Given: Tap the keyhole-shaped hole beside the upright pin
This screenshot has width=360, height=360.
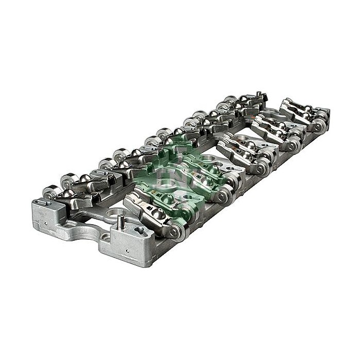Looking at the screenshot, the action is [139, 230].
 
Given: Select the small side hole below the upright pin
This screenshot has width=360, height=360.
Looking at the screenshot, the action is [128, 251].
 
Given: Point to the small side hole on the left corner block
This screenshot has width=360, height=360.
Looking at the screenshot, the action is [46, 223].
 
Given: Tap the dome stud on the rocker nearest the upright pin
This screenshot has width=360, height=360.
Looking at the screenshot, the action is [158, 214].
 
